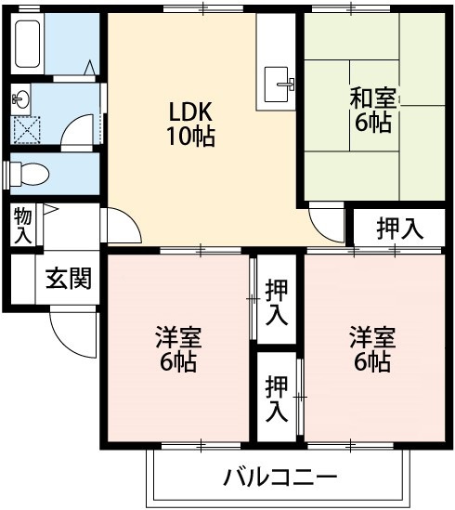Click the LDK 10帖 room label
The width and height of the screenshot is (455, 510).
coord(191,124)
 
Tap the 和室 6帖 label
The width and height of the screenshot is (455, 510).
coord(373,111)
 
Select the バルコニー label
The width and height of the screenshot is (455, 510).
coord(280,477)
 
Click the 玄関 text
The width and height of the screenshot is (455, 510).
coord(69,279)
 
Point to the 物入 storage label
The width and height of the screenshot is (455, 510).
coord(23,226)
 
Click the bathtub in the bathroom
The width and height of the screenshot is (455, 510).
coord(28,44)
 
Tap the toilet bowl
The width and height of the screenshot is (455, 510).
coord(30,174)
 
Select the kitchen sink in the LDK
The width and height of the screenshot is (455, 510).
coord(276,85)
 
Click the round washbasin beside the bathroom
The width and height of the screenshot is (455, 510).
coord(20,98)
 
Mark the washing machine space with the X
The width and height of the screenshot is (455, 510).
coord(26,130)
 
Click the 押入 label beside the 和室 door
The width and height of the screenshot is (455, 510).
coord(399,229)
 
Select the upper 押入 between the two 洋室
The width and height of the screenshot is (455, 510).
coord(277,303)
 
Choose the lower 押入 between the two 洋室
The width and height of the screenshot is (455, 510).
coord(277,399)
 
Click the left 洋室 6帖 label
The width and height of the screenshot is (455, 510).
coord(178,349)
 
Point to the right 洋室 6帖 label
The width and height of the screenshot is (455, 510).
coord(372,349)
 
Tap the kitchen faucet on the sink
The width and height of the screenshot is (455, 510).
coord(287,84)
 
